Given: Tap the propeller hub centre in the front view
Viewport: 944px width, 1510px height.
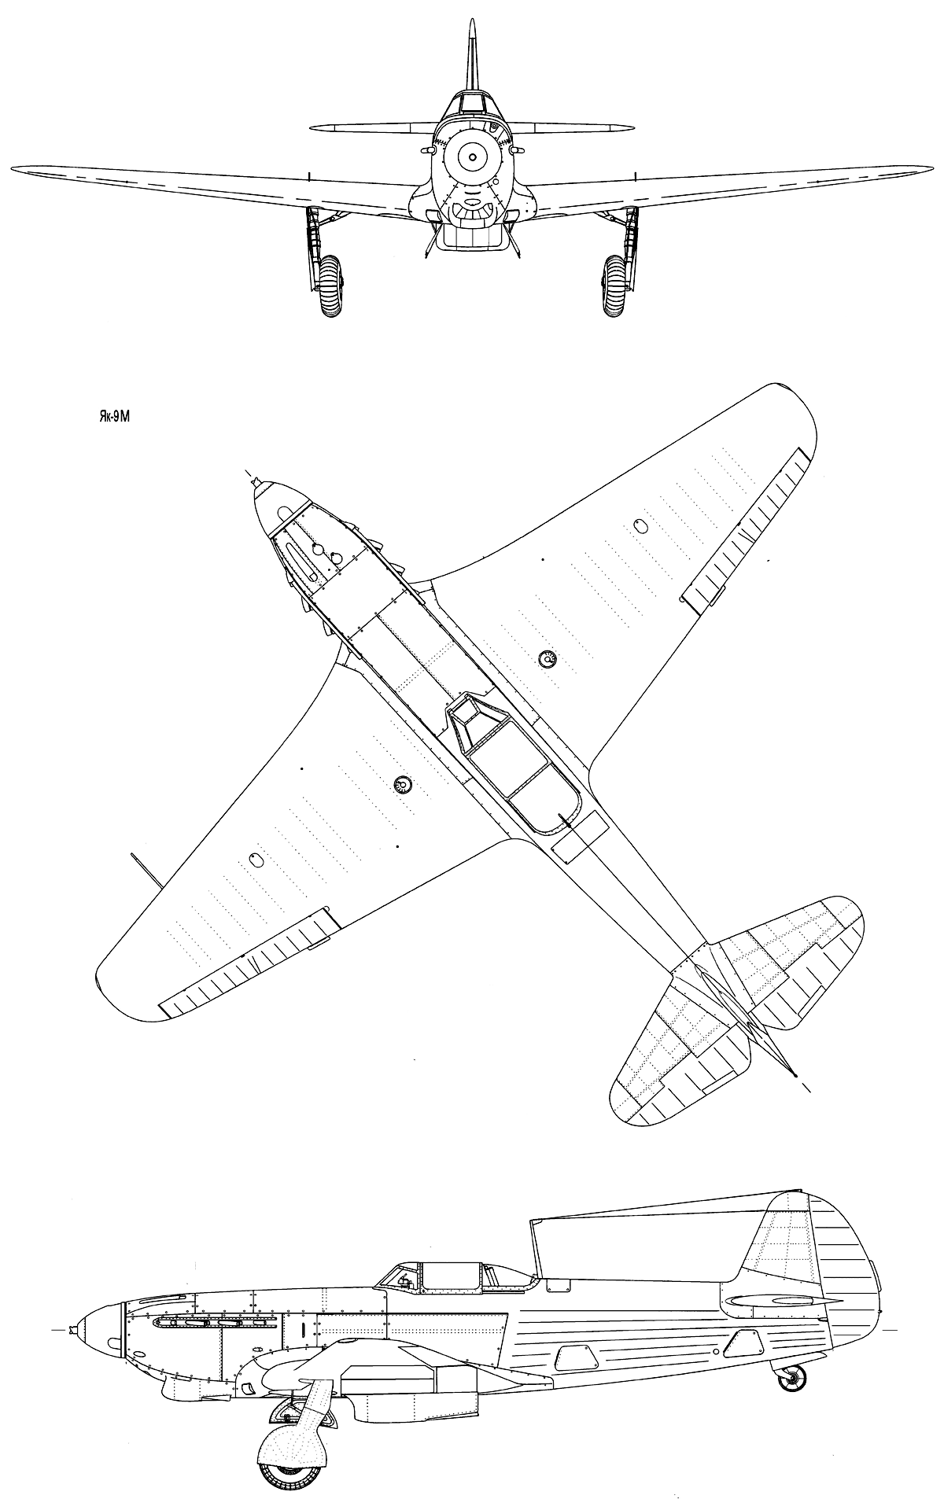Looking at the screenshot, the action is pyautogui.click(x=472, y=158).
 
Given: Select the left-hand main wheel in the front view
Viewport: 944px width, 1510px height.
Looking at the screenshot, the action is pyautogui.click(x=332, y=285).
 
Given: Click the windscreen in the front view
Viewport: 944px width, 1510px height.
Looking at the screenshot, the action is pyautogui.click(x=472, y=102).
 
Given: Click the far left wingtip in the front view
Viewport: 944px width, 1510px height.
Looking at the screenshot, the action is pyautogui.click(x=13, y=167).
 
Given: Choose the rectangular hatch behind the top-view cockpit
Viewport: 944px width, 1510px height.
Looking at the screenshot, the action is pyautogui.click(x=580, y=836).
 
